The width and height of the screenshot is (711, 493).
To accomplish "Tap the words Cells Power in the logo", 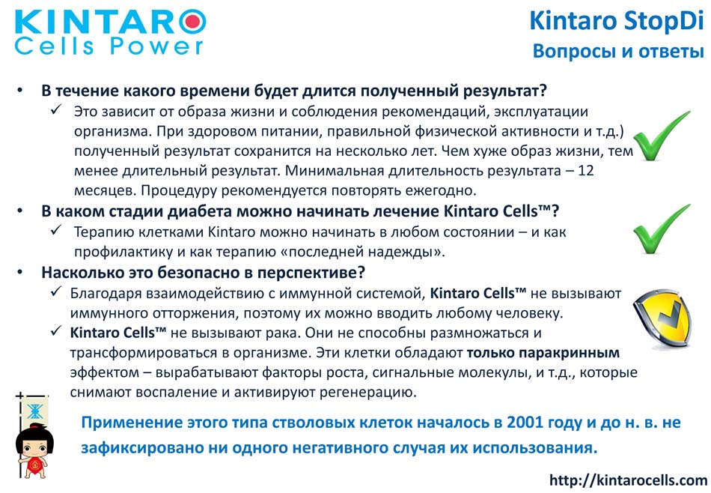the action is point(109,46).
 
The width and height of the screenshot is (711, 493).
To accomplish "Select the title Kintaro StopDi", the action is point(617,21).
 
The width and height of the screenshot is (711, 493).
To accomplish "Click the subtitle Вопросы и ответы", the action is point(618,51).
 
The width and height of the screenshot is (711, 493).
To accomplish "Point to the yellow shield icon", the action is point(662,318).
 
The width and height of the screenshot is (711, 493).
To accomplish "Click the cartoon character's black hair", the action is point(34,435).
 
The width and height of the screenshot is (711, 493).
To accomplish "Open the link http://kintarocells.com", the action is point(628,480).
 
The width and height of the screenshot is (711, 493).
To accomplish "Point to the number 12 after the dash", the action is point(586,171).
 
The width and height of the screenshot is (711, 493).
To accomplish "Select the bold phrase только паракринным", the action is point(543,353).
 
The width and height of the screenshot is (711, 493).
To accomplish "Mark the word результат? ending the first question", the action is point(504,91).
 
